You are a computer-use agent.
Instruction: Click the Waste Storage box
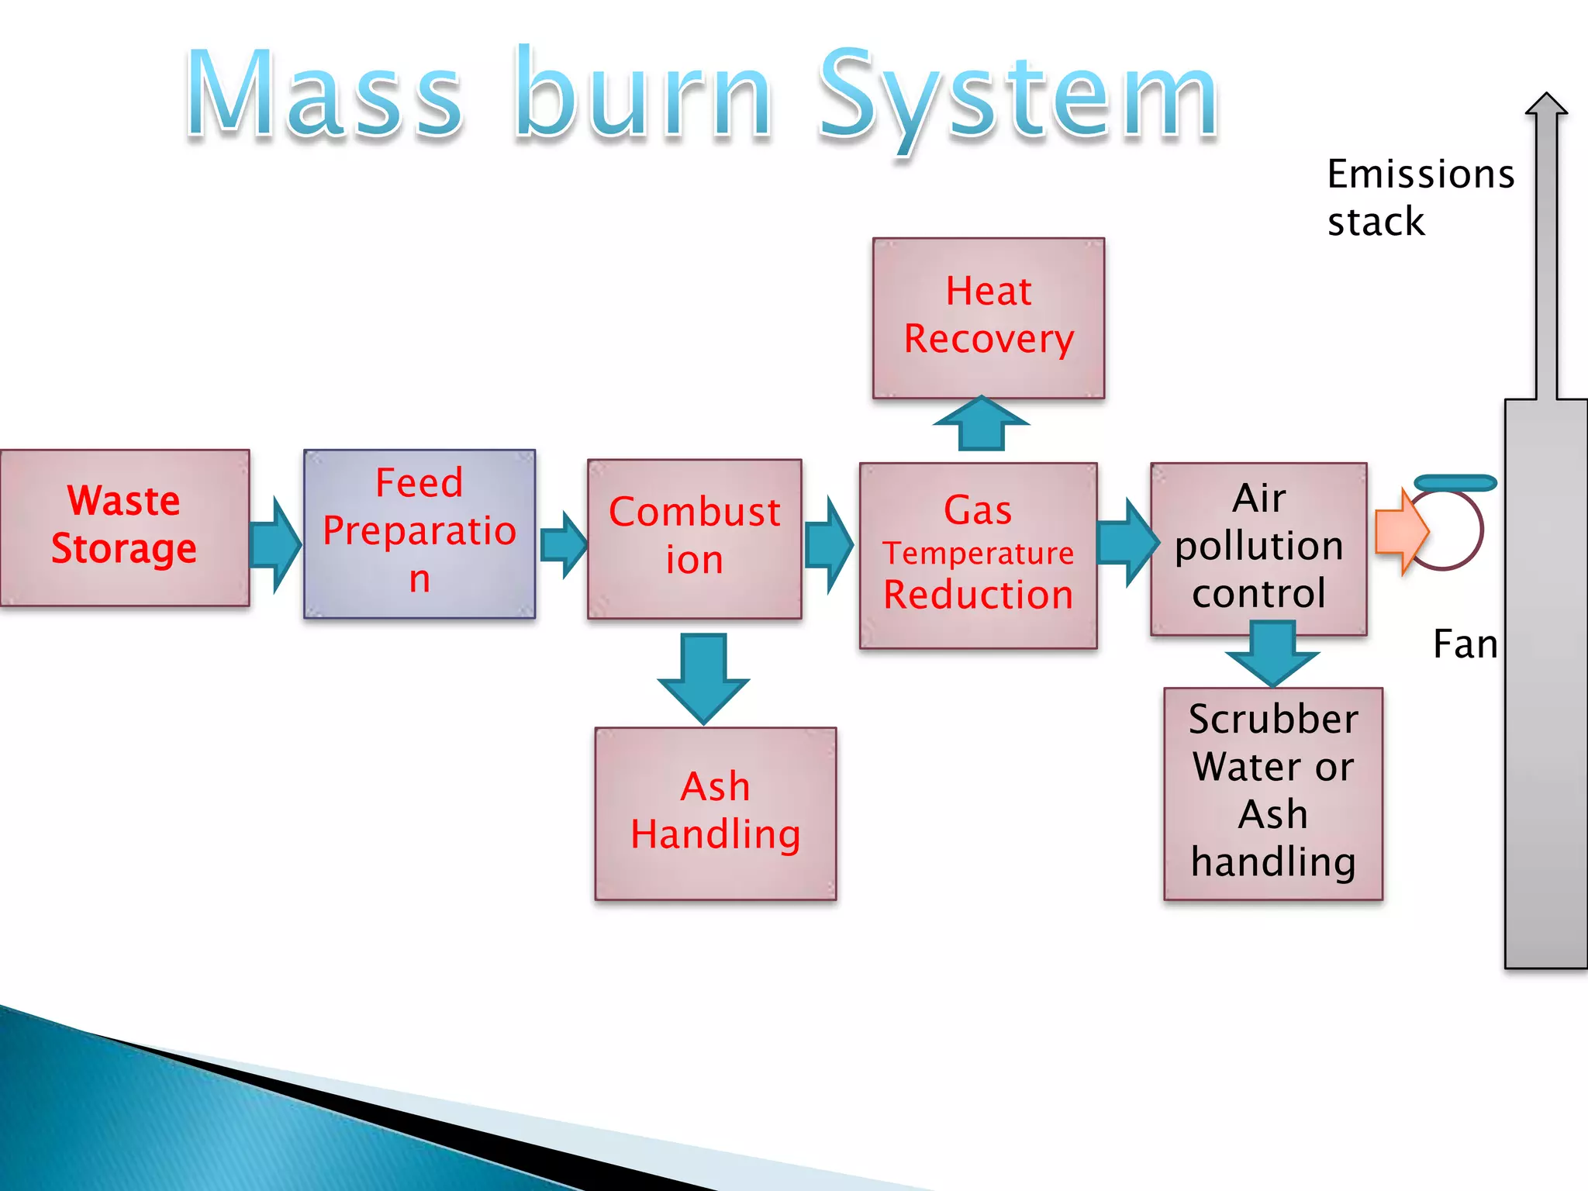[124, 527]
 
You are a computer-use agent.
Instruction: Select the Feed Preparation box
[419, 533]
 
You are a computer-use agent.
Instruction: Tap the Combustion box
[694, 538]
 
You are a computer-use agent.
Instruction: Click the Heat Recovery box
[989, 318]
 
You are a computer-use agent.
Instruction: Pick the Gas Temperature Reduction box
[978, 555]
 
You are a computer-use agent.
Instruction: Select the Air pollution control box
[1258, 547]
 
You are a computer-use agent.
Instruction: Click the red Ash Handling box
[715, 813]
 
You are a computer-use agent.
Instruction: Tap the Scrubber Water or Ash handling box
[1272, 792]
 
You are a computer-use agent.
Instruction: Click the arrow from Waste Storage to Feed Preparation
[274, 545]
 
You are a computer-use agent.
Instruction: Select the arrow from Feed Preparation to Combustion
[562, 544]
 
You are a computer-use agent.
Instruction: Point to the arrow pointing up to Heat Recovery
[982, 424]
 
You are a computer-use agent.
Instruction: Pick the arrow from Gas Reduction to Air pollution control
[1126, 542]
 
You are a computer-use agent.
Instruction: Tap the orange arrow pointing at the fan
[1400, 532]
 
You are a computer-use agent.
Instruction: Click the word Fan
[1464, 644]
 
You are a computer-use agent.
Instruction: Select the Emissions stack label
[1419, 197]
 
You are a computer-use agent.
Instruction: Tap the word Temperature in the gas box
[978, 554]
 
